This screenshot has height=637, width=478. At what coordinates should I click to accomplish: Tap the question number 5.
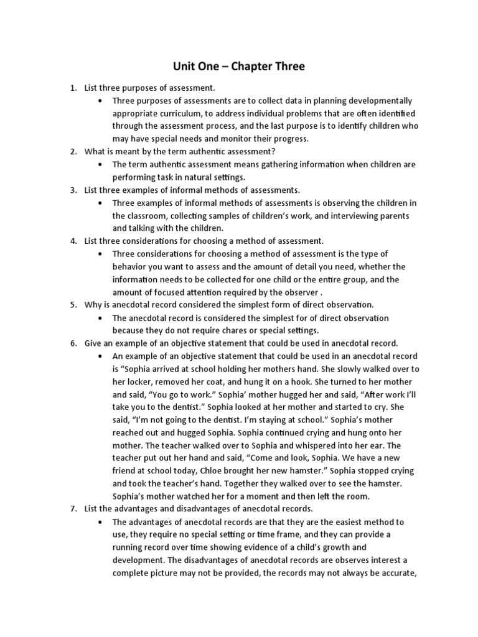point(73,305)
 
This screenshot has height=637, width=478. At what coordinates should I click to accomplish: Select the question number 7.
point(73,509)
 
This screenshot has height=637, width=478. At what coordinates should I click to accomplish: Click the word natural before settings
point(182,177)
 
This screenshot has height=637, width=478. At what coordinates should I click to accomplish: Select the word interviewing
point(354,216)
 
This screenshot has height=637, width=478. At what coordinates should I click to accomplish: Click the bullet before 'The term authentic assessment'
point(100,165)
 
